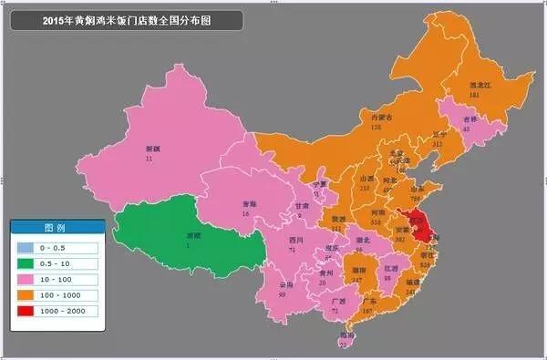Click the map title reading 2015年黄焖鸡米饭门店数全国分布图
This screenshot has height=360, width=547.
(x=127, y=19)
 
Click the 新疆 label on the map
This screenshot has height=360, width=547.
(x=148, y=149)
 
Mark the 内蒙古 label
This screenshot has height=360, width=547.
(x=370, y=118)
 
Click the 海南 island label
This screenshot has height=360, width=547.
(x=345, y=335)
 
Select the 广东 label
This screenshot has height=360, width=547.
(x=368, y=302)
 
